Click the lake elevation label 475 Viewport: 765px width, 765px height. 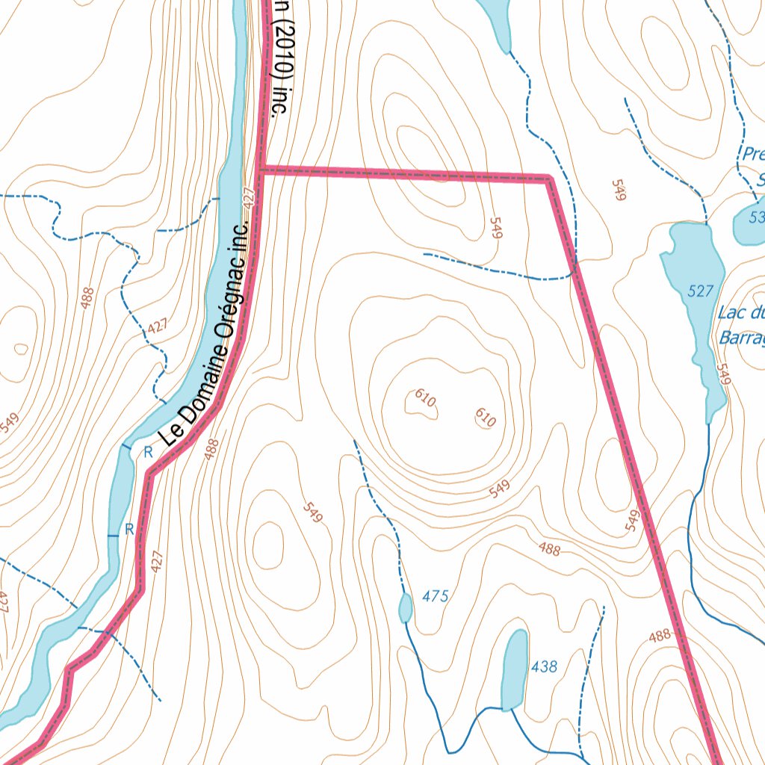[435, 596]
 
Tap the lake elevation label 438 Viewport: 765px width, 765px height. [543, 666]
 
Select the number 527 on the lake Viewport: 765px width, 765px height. [701, 291]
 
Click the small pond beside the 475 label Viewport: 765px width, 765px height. [405, 607]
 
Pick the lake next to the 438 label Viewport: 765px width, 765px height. [514, 670]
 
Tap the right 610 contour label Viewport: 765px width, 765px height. [486, 418]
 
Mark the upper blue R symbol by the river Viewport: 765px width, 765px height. [148, 451]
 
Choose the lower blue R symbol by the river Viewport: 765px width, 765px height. [128, 529]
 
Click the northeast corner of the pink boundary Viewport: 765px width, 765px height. [549, 179]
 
